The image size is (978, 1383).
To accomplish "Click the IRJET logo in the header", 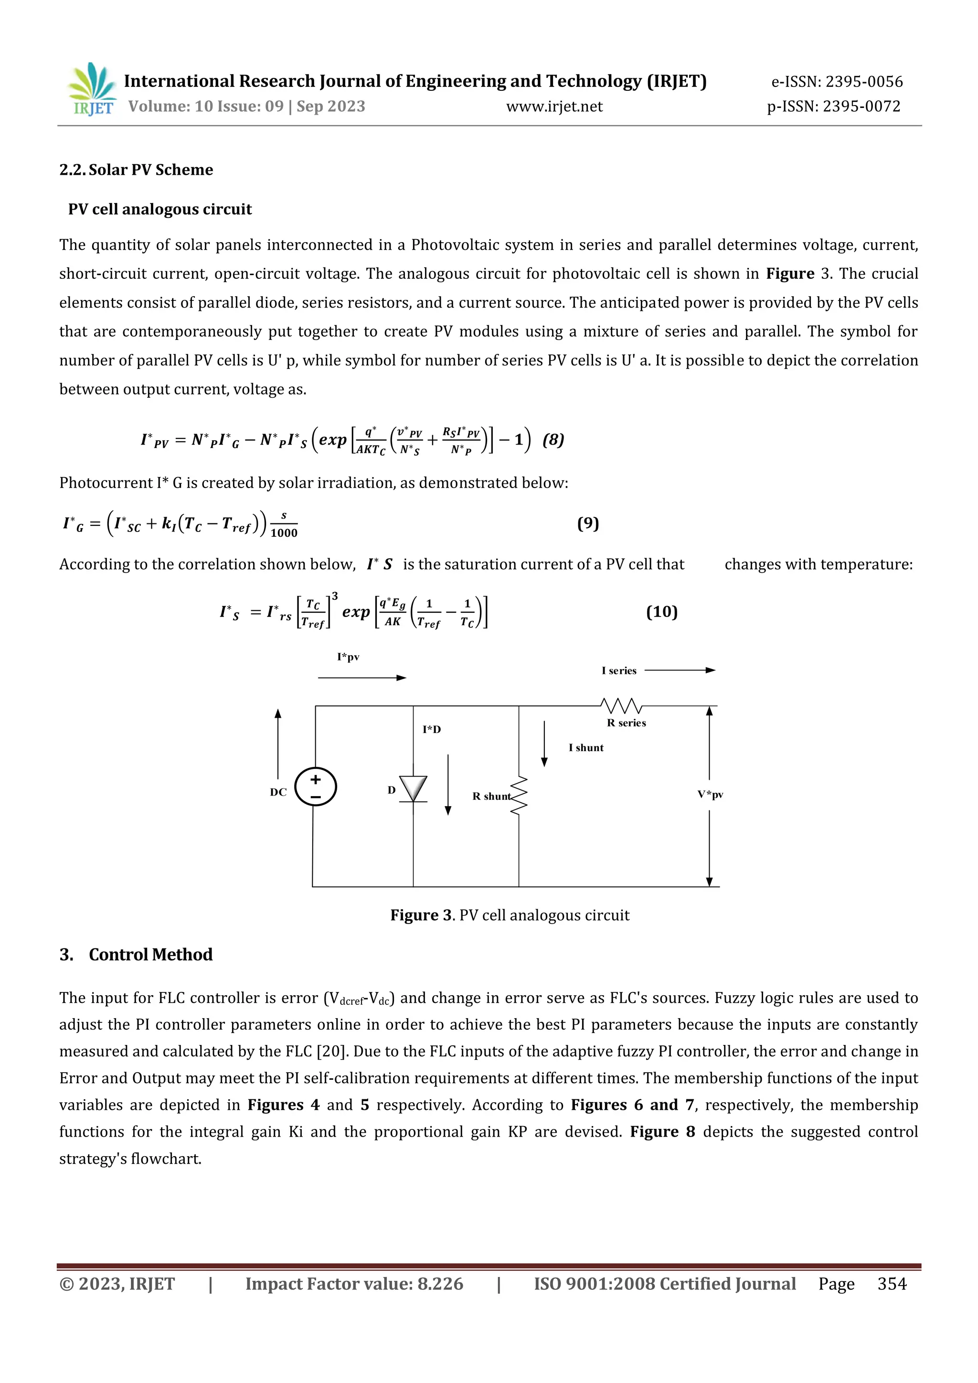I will click(92, 89).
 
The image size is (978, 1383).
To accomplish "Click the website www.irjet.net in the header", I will click(554, 106).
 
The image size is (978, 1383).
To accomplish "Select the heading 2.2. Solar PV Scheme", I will click(136, 170).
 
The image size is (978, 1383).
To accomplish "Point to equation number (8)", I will click(553, 440).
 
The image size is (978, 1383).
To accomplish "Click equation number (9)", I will click(588, 523).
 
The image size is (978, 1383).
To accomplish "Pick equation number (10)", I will click(661, 612).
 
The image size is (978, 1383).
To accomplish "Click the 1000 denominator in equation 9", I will click(284, 533).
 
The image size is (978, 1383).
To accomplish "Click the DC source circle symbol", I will click(315, 787).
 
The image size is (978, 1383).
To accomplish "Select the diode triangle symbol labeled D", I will click(413, 788).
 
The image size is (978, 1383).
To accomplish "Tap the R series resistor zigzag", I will click(621, 705).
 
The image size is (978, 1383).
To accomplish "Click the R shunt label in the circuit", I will click(491, 796).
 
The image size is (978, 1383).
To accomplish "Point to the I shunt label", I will click(585, 747).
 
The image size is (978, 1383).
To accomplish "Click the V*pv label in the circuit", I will click(710, 795).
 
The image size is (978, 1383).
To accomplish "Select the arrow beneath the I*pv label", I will click(362, 678).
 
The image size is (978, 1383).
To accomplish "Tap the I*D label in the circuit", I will click(431, 729).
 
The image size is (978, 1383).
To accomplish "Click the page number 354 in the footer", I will click(891, 1284).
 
